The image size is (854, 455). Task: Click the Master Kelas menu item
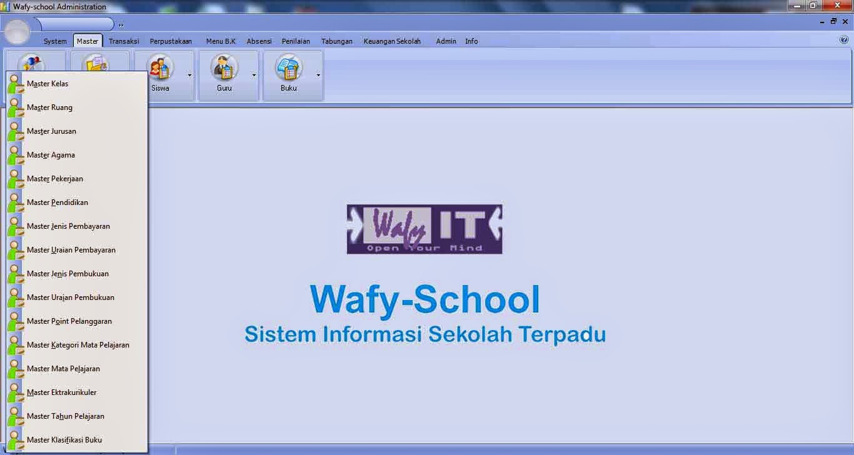[x=48, y=84]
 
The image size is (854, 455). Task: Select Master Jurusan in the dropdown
[x=51, y=131]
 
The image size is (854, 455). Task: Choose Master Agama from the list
[x=51, y=155]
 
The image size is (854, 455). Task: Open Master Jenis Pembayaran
[x=68, y=226]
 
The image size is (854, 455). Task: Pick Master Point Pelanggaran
[x=69, y=321]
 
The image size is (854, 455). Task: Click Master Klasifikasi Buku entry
[x=64, y=440]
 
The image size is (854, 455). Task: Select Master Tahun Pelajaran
[x=65, y=416]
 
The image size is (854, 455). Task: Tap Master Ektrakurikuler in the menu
[x=61, y=392]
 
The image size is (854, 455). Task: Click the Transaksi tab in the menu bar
[x=124, y=41]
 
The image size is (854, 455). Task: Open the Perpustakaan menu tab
[x=171, y=41]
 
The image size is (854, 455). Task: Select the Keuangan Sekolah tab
[x=392, y=41]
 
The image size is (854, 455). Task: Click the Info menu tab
[x=471, y=41]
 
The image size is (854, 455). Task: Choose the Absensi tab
[x=259, y=41]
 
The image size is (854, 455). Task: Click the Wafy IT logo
[x=424, y=229]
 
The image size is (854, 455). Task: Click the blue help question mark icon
[x=844, y=40]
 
